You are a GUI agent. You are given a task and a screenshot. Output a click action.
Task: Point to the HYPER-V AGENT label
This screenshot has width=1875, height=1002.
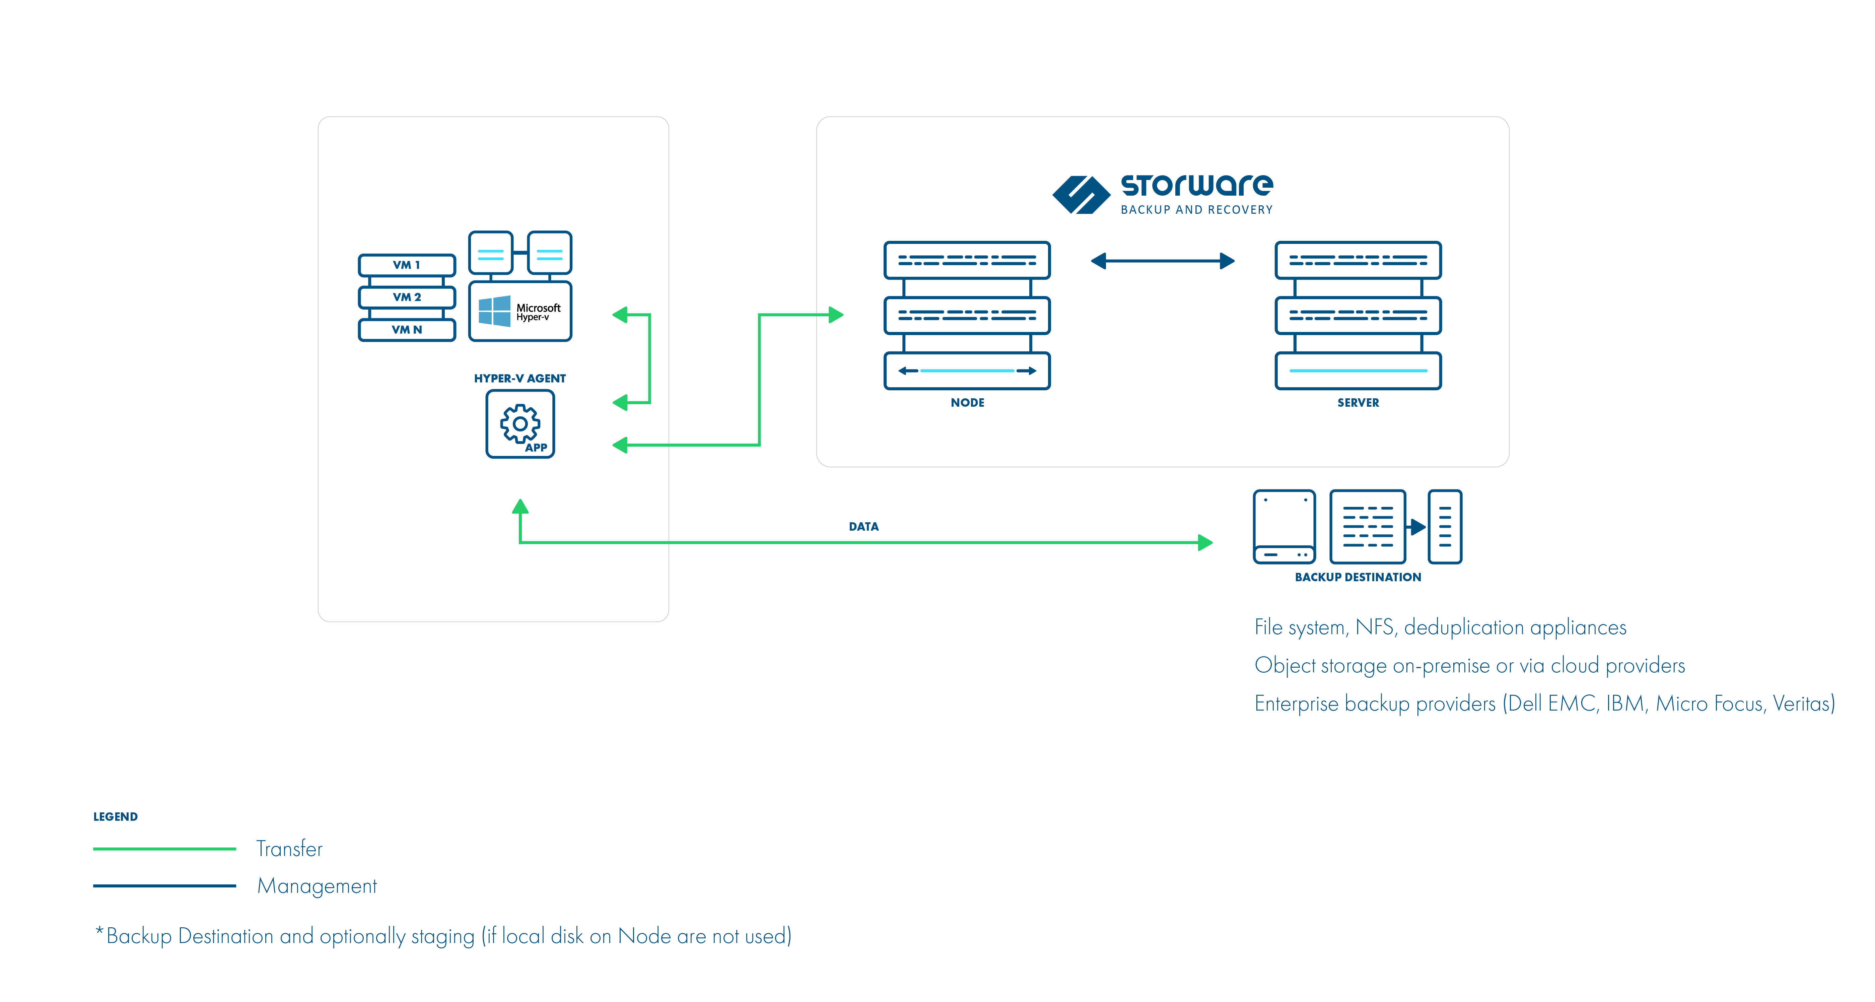pos(520,378)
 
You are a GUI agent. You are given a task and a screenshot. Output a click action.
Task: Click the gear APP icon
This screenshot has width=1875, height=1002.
pos(520,424)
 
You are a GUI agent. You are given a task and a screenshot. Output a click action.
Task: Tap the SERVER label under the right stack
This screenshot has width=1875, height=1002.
pos(1358,403)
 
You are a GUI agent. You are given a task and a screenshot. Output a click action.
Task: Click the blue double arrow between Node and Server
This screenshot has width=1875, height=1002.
pos(1162,261)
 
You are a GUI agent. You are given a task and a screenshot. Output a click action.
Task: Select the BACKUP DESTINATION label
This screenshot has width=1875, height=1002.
pos(1358,577)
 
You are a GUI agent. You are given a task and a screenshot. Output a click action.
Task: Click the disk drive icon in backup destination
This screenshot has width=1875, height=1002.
pos(1284,527)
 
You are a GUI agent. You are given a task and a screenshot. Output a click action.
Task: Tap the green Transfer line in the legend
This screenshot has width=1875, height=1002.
pos(164,848)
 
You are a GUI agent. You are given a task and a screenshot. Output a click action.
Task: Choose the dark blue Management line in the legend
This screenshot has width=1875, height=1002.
pos(164,885)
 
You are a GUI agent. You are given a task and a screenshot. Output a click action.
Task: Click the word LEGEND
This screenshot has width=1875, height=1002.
pos(115,816)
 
